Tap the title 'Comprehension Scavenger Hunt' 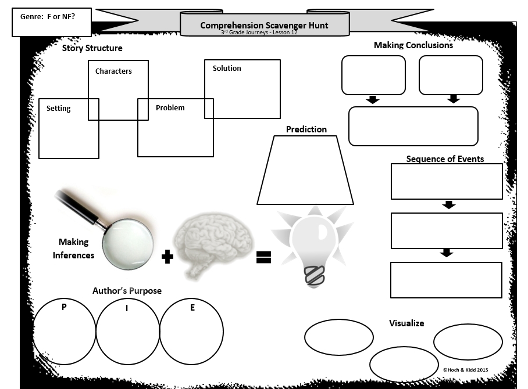264,25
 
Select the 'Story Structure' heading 92,48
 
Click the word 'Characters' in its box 113,71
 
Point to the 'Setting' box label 59,109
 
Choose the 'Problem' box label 170,107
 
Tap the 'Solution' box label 227,69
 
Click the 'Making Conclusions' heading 413,45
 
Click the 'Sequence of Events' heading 445,159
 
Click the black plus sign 167,257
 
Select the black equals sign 263,257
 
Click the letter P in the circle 64,307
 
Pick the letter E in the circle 192,307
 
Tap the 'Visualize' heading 406,323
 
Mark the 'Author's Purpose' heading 127,290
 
